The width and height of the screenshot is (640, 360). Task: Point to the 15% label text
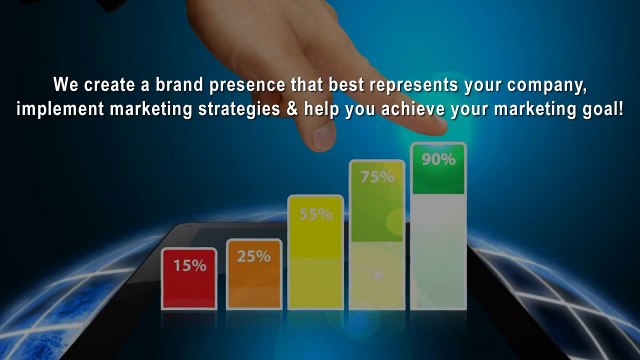point(189,265)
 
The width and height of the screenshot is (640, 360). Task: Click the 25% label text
point(253,256)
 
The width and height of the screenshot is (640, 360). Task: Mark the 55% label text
point(315,213)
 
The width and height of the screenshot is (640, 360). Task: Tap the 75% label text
point(376,177)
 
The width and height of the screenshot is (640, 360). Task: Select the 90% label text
point(438,159)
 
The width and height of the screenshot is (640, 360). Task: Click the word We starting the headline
point(65,84)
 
